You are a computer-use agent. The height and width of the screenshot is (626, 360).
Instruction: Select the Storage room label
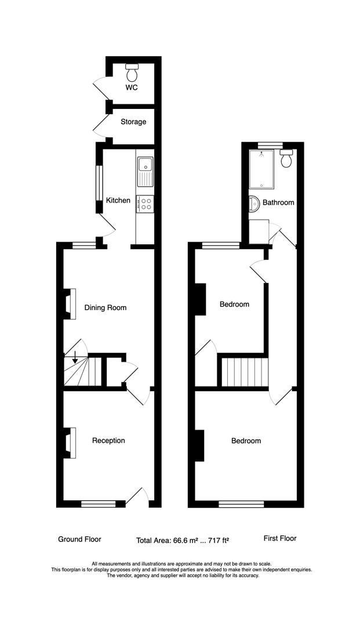133,122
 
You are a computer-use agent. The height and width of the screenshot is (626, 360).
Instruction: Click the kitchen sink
144,172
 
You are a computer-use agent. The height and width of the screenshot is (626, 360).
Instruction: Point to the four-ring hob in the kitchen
144,203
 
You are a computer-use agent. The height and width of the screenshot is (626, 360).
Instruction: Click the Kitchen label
118,201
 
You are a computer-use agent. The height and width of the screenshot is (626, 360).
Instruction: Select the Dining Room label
105,308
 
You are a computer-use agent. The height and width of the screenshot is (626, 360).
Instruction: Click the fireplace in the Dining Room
70,304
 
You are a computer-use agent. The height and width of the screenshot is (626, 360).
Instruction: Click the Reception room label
108,441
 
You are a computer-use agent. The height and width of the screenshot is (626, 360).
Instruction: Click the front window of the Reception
98,504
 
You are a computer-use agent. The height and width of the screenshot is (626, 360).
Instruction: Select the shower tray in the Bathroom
264,169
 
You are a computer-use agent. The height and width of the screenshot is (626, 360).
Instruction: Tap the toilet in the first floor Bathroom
286,158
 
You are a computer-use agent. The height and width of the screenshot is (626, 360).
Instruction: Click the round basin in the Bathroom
254,203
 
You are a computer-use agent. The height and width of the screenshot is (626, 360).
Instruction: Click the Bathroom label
278,203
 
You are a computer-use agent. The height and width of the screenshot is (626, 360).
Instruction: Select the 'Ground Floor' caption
79,539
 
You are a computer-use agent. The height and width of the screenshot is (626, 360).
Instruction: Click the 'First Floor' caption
280,538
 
